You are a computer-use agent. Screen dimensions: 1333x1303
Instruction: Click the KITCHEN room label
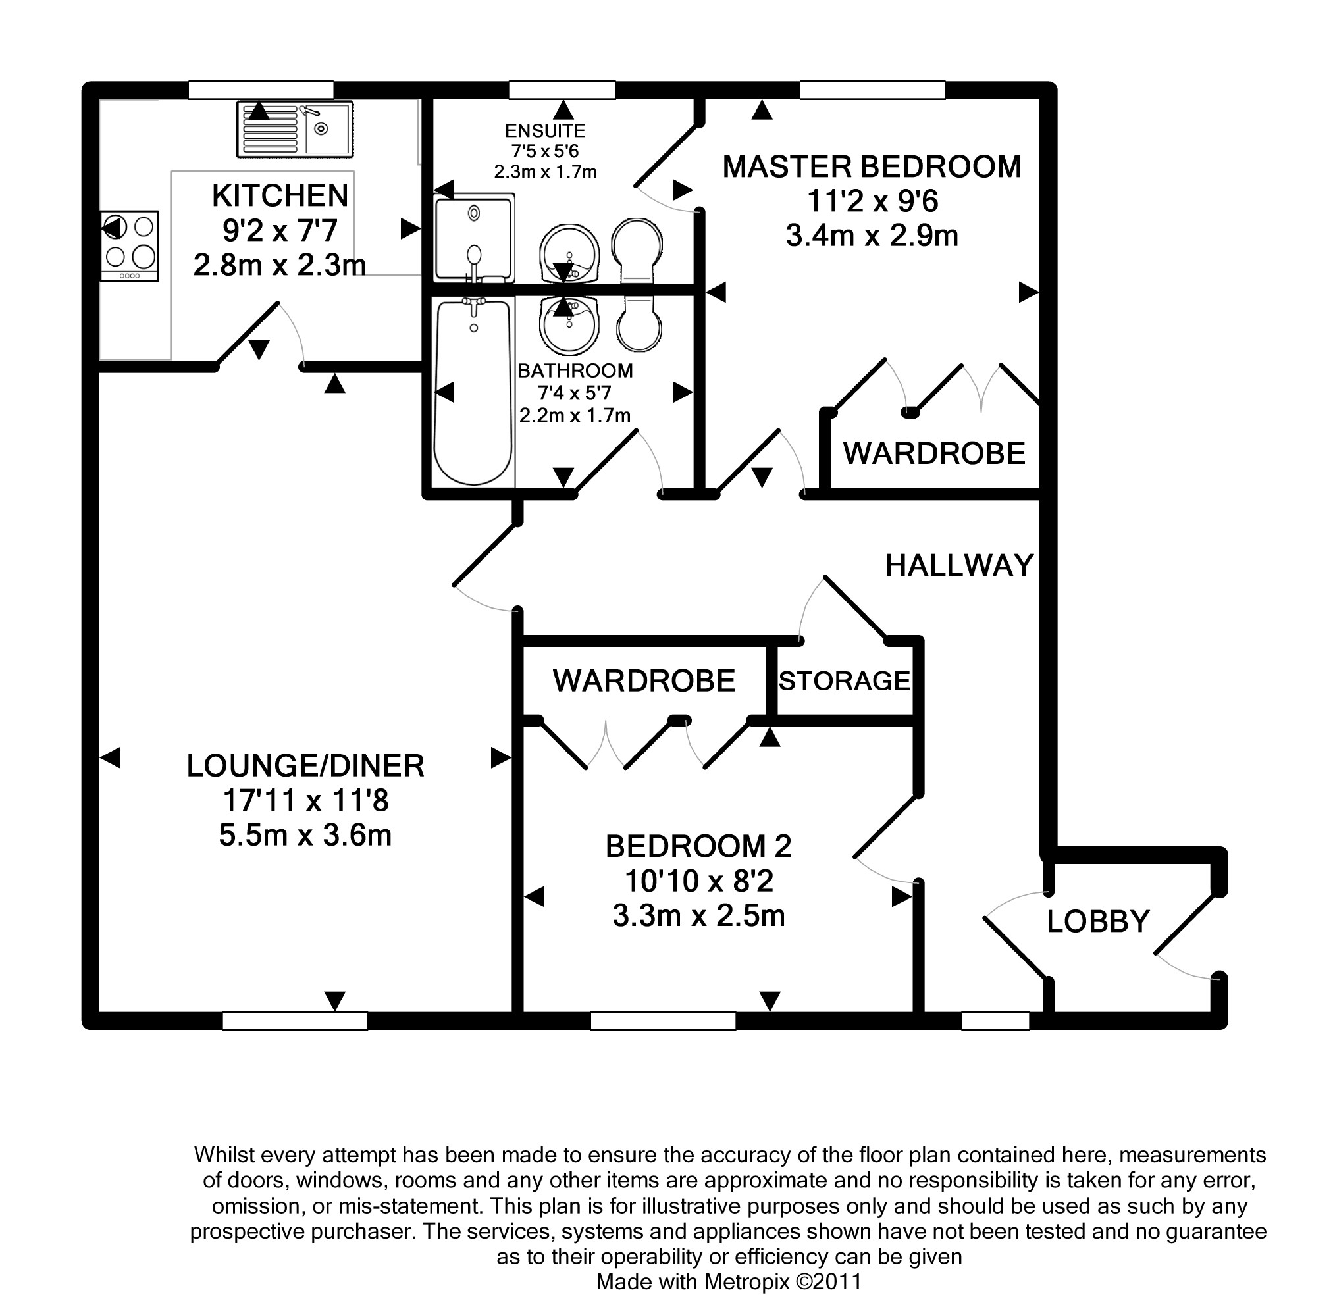[280, 195]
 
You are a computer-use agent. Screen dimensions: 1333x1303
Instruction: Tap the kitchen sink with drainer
[295, 129]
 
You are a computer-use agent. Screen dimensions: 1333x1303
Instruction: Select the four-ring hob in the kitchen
[130, 245]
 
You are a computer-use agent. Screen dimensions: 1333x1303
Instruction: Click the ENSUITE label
[545, 131]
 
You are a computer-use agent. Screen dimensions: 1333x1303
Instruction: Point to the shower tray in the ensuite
[474, 238]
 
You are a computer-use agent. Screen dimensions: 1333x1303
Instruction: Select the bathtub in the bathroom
[473, 392]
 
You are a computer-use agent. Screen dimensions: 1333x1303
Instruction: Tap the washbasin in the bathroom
[569, 326]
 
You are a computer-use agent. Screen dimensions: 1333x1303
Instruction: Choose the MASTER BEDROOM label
[872, 167]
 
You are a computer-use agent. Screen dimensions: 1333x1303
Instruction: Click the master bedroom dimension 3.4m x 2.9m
[872, 236]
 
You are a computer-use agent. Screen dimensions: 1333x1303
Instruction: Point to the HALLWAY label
[958, 565]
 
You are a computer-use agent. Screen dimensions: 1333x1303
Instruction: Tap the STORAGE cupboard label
[844, 681]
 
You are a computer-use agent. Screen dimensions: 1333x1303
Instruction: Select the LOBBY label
[1097, 921]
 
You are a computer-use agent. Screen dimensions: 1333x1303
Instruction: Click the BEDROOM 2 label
[698, 846]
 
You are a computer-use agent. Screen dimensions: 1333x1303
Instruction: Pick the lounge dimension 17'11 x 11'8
[305, 801]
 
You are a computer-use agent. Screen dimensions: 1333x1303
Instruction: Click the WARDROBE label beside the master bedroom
[934, 453]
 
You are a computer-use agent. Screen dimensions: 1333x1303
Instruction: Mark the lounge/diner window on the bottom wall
[295, 1021]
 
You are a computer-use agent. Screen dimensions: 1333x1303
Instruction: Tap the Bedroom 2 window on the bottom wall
[663, 1021]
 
